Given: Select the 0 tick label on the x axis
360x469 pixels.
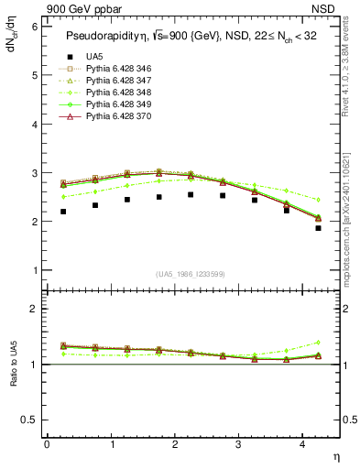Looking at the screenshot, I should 47,444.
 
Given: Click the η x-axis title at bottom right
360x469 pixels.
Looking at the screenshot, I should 334,455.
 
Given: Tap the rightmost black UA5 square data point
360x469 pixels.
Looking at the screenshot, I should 318,228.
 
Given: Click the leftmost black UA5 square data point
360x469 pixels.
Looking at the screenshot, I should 63,212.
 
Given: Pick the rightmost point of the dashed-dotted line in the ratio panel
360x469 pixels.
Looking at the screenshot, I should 318,342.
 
